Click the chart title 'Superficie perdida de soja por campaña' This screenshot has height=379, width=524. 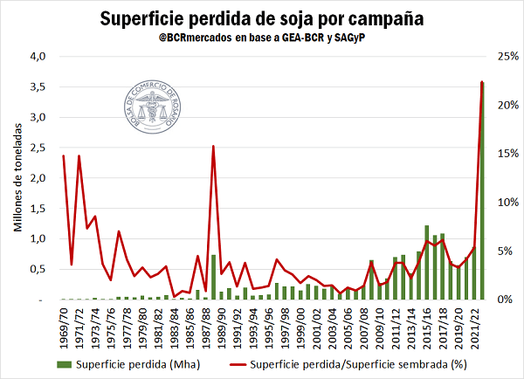point(262,18)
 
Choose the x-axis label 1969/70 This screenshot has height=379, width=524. point(64,328)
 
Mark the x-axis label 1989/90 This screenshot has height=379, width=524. point(222,328)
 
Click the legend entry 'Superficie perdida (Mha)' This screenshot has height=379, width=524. point(122,364)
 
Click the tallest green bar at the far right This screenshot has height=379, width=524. point(482,192)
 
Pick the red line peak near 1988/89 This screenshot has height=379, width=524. point(214,147)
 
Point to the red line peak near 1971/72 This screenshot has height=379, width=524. point(79,156)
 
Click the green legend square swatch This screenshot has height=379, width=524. point(62,364)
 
